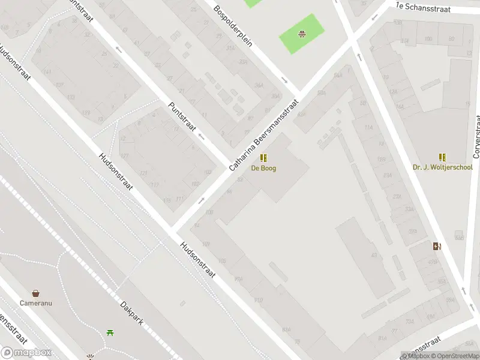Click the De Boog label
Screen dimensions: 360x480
(x=263, y=169)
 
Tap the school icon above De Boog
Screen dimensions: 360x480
(x=263, y=158)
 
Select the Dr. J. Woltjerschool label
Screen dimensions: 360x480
(x=442, y=167)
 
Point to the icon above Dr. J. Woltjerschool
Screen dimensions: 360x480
(x=442, y=157)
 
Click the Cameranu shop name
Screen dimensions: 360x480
(x=36, y=303)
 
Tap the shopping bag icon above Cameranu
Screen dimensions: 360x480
(x=36, y=293)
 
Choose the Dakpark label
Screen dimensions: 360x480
(x=131, y=313)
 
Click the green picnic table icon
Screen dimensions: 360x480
(x=110, y=332)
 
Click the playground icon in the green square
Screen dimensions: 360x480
(x=302, y=34)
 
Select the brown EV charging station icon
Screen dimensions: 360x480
(x=437, y=245)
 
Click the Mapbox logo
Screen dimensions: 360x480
(x=26, y=353)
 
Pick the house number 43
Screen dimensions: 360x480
(x=374, y=255)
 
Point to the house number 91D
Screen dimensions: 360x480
(x=258, y=300)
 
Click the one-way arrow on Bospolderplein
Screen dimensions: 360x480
(x=284, y=80)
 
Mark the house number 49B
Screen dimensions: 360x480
(x=433, y=262)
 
